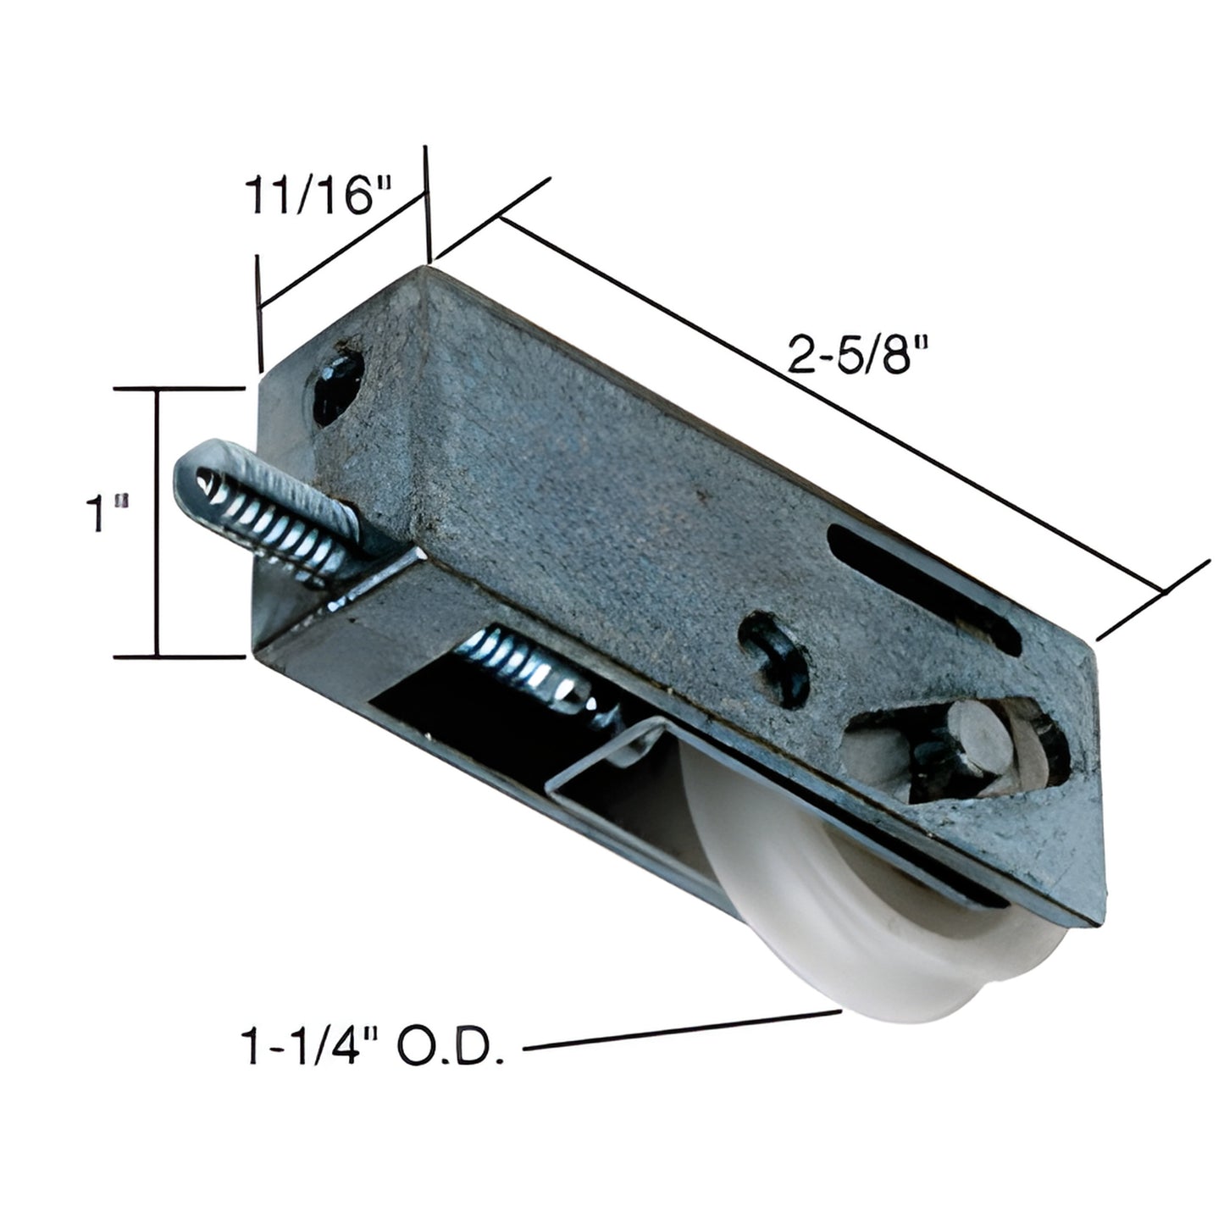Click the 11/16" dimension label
point(319,196)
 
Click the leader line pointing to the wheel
point(678,1031)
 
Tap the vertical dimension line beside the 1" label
point(157,521)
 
